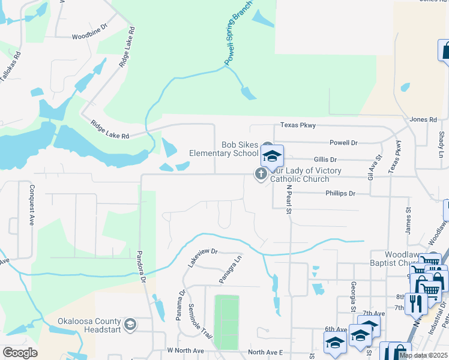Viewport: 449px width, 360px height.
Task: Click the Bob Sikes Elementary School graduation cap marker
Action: (272, 156)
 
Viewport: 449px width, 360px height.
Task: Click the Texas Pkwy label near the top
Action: (298, 125)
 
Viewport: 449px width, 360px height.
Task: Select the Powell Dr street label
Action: (343, 143)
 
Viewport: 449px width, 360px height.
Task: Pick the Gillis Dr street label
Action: (325, 160)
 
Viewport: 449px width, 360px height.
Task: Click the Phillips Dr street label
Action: (340, 194)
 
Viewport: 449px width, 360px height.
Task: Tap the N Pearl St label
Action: (288, 199)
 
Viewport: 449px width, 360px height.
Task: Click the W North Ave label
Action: (186, 350)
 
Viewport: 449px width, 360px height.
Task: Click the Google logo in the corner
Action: (20, 353)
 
